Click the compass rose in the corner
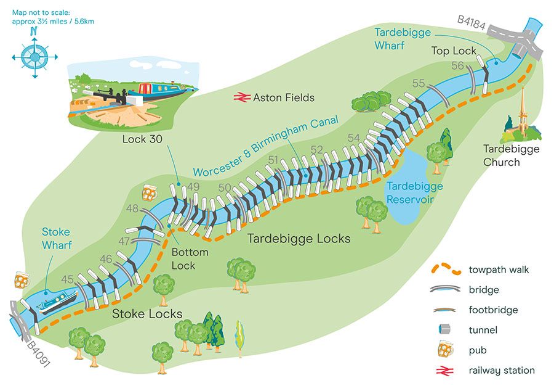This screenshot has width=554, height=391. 34,56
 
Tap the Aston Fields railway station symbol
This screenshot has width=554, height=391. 240,97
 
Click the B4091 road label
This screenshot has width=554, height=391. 38,353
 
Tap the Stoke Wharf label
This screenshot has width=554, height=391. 56,239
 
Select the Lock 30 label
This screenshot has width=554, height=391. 142,139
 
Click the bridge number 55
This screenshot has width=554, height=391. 419,83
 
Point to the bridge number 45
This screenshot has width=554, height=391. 68,279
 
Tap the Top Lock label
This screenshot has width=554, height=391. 454,51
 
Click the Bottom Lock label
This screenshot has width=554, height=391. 190,259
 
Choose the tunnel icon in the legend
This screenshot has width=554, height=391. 448,330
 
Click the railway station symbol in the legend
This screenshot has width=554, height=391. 448,371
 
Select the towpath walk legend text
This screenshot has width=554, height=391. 499,270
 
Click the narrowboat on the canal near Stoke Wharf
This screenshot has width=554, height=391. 58,302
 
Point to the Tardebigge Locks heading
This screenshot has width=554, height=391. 299,239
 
